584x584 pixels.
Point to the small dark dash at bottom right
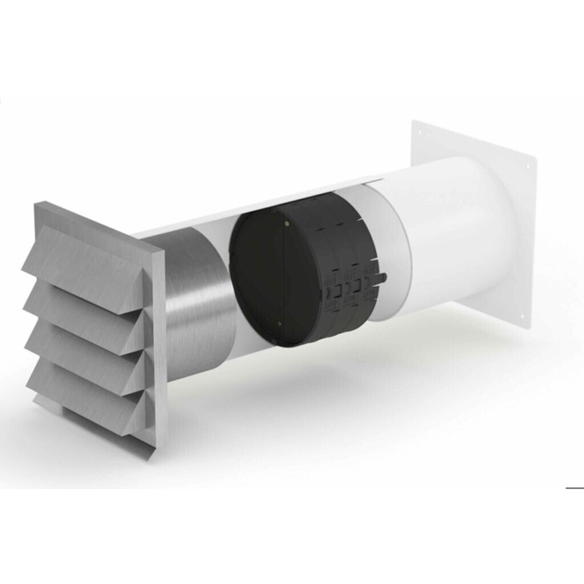(574, 488)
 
